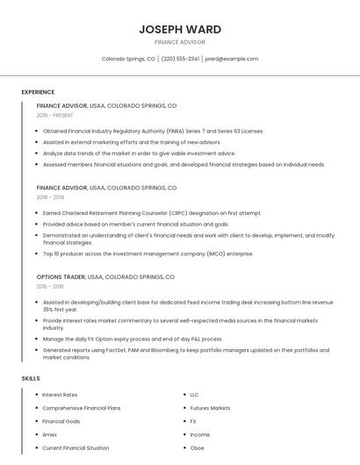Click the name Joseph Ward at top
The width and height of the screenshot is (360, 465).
[x=179, y=29]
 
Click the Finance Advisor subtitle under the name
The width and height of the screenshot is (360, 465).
[x=179, y=42]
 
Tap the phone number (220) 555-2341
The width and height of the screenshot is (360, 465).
[x=180, y=59]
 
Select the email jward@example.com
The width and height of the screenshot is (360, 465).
[x=232, y=59]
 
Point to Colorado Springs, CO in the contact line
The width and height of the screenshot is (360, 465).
[x=128, y=59]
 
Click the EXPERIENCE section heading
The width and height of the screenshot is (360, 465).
[x=38, y=92]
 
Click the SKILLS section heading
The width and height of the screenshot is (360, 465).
[x=31, y=378]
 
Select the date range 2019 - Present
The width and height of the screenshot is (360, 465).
[x=55, y=115]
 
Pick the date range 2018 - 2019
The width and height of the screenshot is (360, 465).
[x=50, y=197]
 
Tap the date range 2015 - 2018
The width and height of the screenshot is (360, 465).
[x=50, y=286]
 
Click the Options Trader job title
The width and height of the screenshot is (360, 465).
[x=61, y=277]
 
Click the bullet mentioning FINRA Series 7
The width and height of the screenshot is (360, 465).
[x=153, y=131]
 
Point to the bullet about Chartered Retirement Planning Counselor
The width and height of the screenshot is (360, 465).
[x=152, y=213]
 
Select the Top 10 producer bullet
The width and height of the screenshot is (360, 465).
[x=148, y=254]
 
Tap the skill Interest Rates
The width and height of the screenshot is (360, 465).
[x=61, y=395]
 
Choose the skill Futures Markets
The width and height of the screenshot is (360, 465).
[x=210, y=408]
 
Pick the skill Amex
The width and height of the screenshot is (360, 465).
[x=50, y=434]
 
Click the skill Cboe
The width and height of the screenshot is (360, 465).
[x=197, y=447]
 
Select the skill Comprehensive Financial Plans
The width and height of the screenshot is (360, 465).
[x=82, y=408]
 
